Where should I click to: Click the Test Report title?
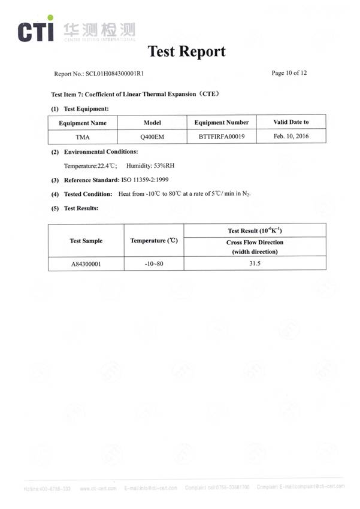click(x=186, y=51)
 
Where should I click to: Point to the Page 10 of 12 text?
click(x=289, y=73)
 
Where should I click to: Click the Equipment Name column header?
click(x=83, y=122)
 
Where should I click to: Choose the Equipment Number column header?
click(x=222, y=122)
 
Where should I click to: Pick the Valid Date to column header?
click(x=291, y=122)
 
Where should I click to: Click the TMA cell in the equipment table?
click(x=83, y=137)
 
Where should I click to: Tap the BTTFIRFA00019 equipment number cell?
click(x=222, y=137)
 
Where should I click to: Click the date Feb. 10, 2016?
click(x=291, y=137)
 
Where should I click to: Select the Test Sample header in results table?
click(x=86, y=241)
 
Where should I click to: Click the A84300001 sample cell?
click(x=86, y=263)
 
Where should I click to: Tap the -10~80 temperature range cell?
click(x=154, y=263)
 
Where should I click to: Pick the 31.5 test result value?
click(x=255, y=263)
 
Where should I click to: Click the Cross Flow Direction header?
click(x=255, y=243)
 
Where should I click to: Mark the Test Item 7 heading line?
click(x=135, y=94)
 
